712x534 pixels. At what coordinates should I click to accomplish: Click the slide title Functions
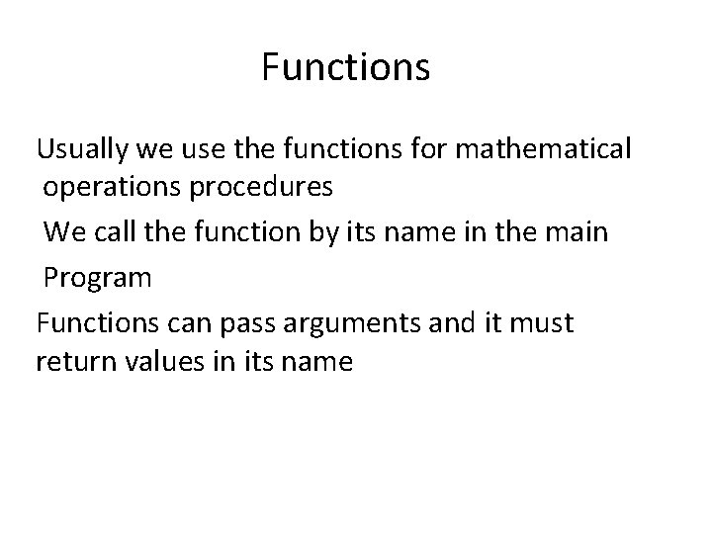[x=345, y=67]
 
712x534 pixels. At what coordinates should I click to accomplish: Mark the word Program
[x=98, y=278]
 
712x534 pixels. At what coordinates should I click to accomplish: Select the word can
[x=185, y=324]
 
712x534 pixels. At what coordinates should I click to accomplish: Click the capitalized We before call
[x=63, y=231]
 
